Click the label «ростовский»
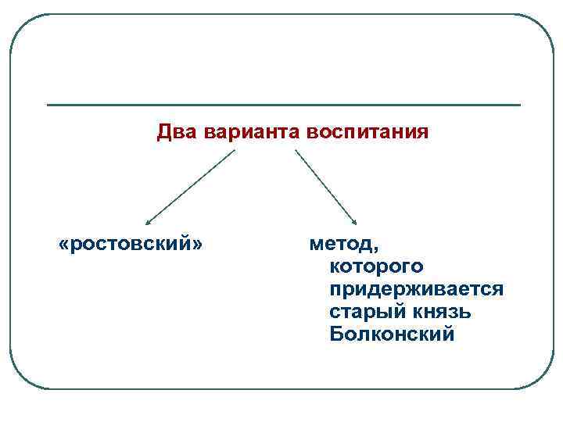tap(131, 245)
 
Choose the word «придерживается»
tap(417, 290)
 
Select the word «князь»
tap(439, 313)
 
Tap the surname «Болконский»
tap(392, 335)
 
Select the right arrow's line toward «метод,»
tap(325, 187)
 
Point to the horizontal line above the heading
tap(283, 105)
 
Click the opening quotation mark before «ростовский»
tap(64, 245)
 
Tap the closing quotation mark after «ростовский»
tap(197, 245)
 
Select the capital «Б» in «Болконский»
tap(337, 335)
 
